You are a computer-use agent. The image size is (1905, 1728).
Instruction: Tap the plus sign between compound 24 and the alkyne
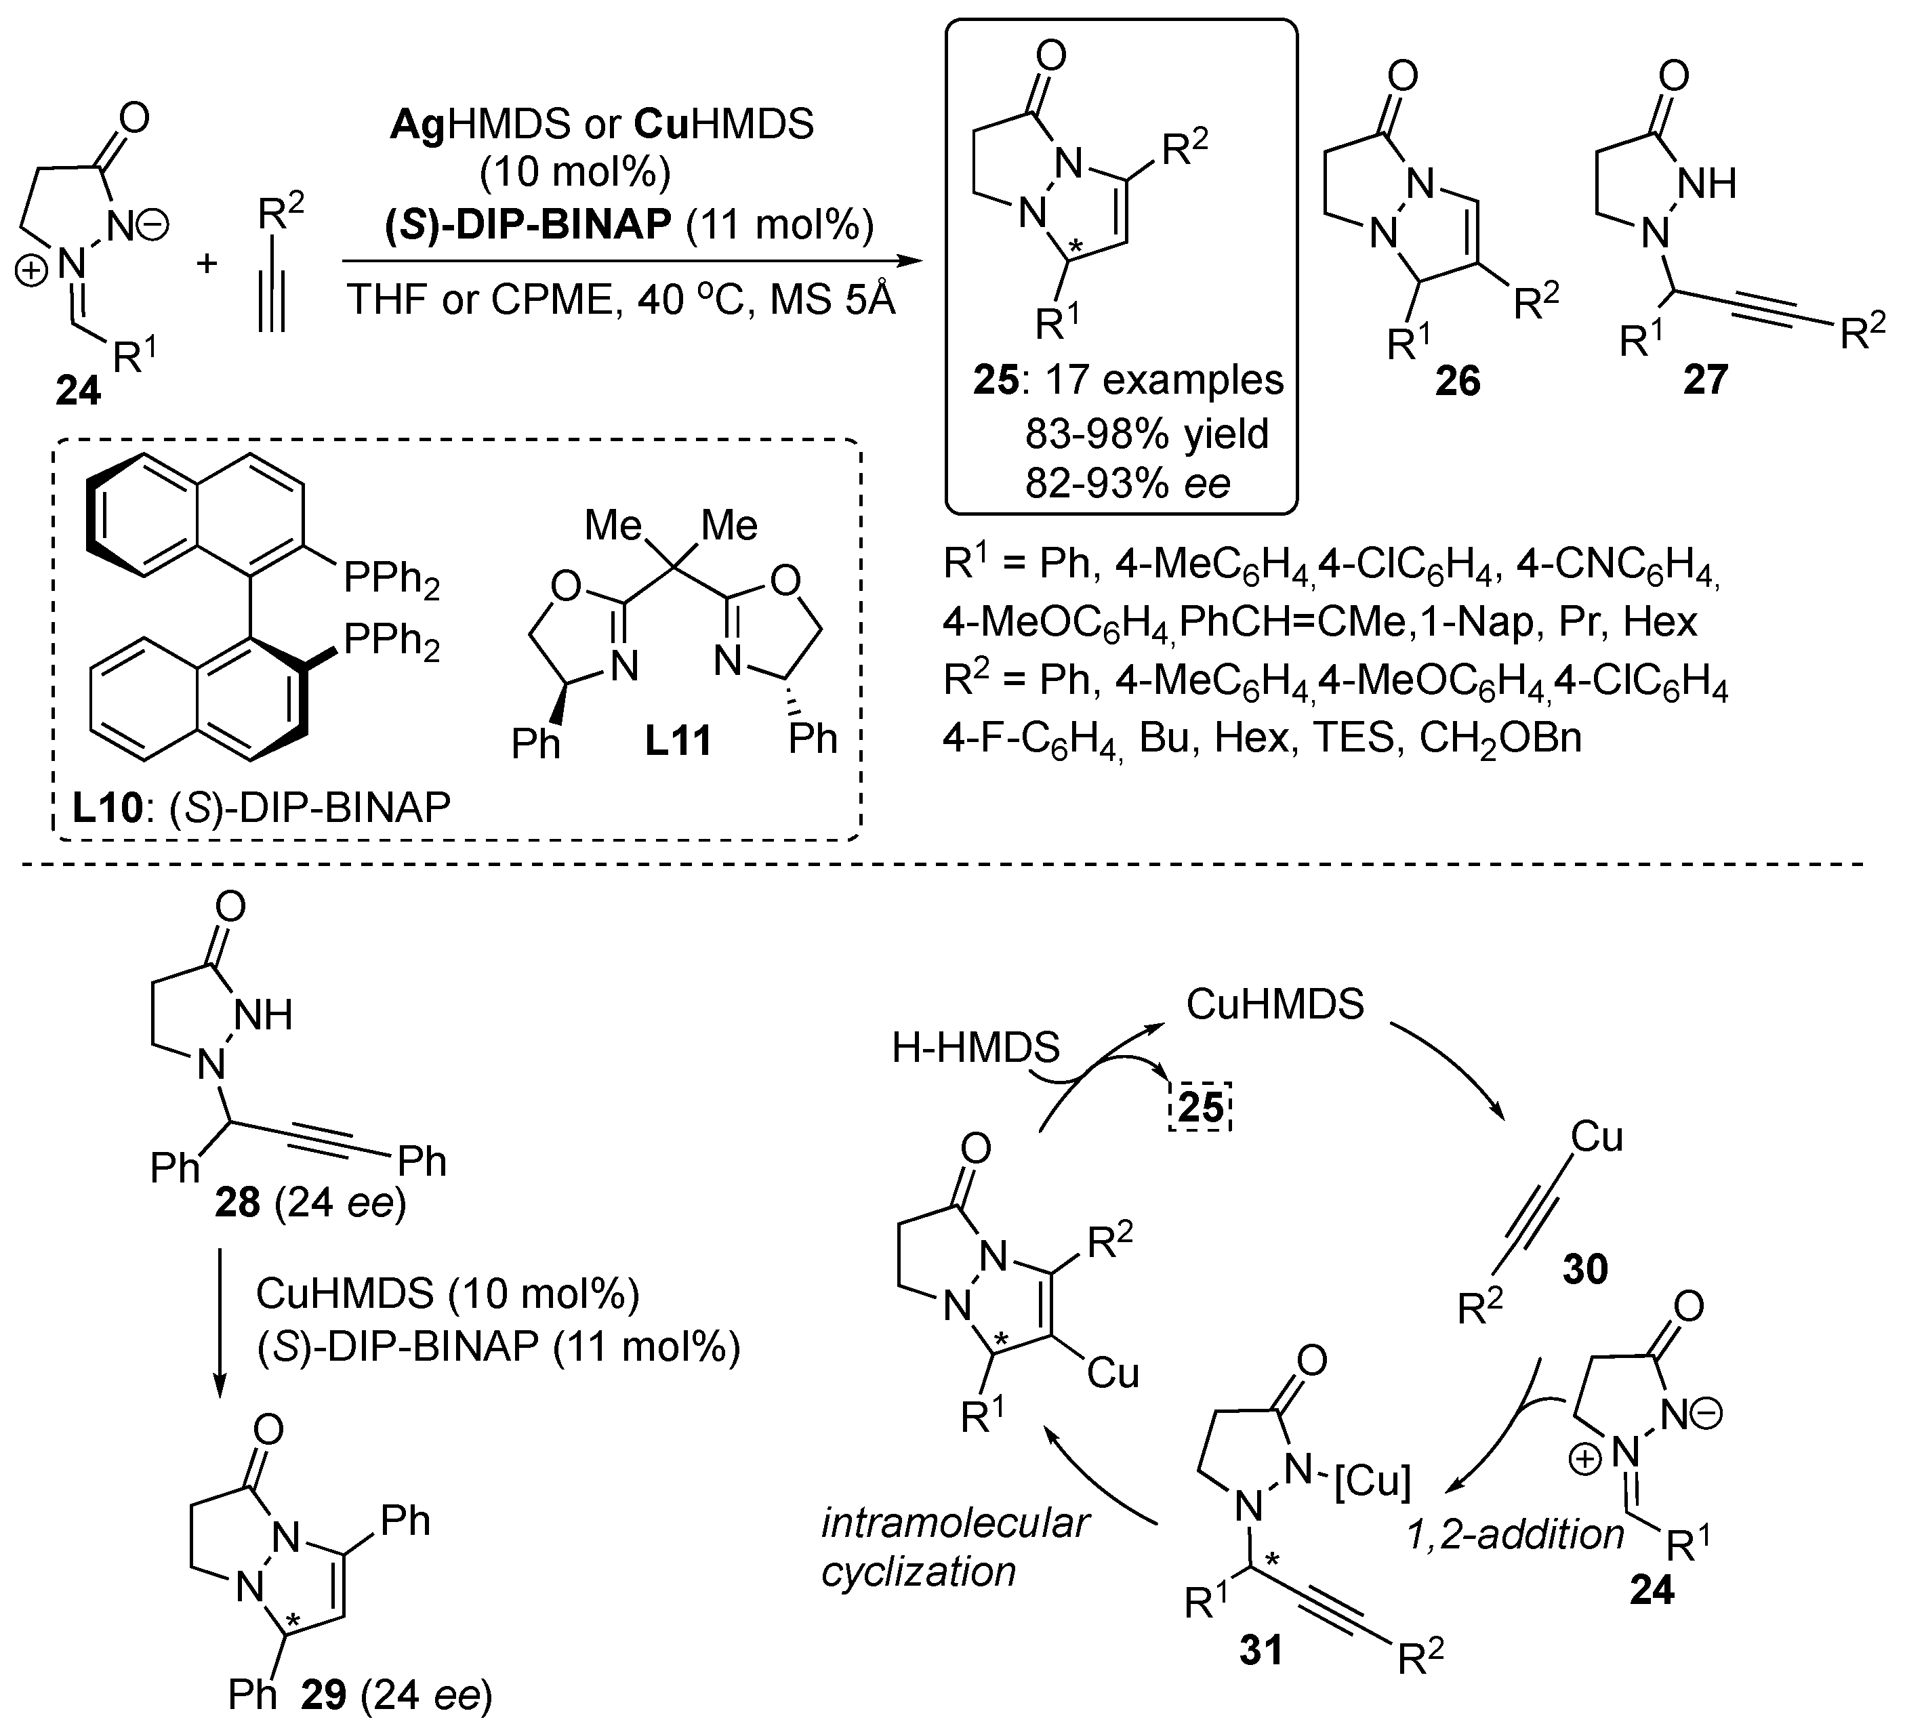[207, 262]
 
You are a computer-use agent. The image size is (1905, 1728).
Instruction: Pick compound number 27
[1706, 379]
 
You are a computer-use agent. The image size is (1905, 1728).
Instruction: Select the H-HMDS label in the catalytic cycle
[975, 1048]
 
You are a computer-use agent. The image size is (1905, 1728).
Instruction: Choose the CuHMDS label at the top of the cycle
[1275, 1004]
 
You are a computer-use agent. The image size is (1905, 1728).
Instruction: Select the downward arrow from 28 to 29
[219, 1323]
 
